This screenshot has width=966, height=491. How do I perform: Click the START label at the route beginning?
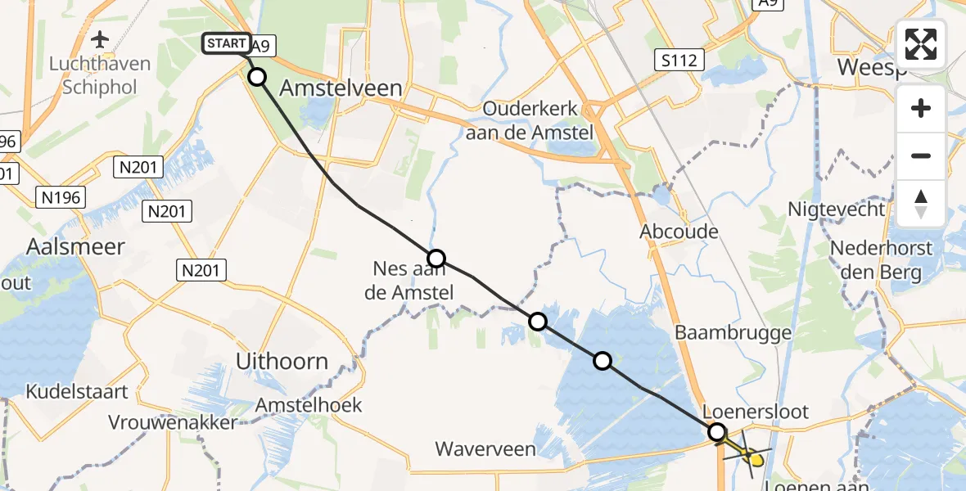click(225, 43)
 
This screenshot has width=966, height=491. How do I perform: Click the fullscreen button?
click(921, 44)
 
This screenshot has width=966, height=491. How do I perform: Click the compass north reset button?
click(921, 204)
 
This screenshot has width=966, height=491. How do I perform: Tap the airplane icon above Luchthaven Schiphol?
click(101, 39)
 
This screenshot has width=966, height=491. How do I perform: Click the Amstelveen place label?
click(341, 88)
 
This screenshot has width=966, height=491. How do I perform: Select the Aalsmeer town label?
click(75, 246)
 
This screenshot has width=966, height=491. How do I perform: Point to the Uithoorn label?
click(282, 361)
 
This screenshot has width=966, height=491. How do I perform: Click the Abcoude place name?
click(679, 232)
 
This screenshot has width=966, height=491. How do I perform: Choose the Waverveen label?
click(485, 448)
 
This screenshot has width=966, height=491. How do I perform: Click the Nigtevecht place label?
click(836, 209)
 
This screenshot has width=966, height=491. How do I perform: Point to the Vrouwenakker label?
click(173, 422)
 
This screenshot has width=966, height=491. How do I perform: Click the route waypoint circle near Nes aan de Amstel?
click(436, 259)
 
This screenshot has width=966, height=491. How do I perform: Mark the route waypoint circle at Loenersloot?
click(717, 431)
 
